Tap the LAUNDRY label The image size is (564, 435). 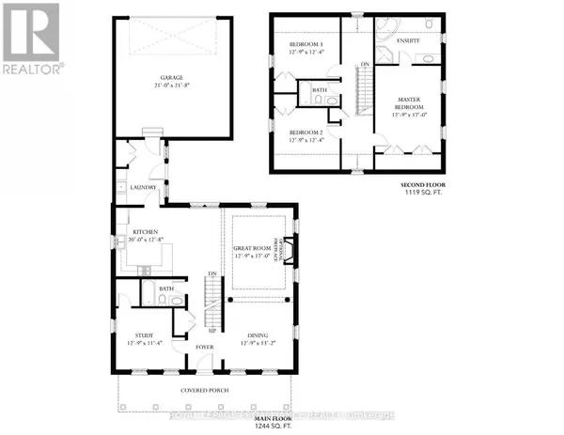(x=143, y=186)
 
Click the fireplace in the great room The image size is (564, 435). (x=289, y=250)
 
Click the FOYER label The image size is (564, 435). (x=205, y=347)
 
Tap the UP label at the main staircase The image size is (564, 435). (x=212, y=332)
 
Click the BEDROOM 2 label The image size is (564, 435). (x=305, y=132)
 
